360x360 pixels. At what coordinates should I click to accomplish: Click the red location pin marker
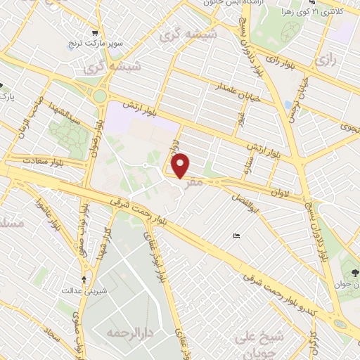coord(181,165)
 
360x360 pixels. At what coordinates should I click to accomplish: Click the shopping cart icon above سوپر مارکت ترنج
coord(96,32)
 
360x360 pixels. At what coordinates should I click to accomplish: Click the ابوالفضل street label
coord(250,205)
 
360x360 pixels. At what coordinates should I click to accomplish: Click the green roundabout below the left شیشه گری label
coord(101,95)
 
